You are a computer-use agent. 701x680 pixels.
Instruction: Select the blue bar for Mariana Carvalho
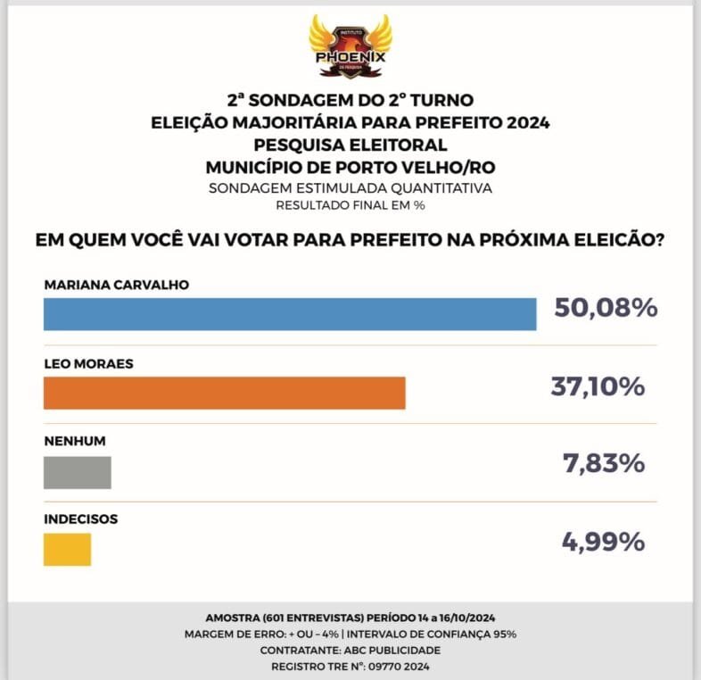tap(290, 314)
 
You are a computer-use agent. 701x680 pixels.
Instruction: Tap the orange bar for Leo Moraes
tap(225, 393)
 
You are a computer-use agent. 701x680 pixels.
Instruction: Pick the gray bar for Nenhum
tap(78, 472)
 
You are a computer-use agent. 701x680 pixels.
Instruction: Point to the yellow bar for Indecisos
tap(68, 550)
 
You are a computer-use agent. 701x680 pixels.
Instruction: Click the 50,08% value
tap(606, 309)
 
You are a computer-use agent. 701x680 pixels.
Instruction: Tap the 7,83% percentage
tap(605, 464)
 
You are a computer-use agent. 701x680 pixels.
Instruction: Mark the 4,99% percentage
tap(605, 542)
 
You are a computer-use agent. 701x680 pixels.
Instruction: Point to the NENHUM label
tap(69, 441)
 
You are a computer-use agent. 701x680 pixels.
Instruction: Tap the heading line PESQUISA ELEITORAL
tap(350, 145)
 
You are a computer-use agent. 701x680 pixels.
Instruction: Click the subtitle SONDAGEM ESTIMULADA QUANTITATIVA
tap(350, 188)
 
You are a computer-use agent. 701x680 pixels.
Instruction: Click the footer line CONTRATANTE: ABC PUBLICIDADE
tap(350, 650)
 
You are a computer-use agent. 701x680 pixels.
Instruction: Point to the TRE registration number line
tap(350, 666)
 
